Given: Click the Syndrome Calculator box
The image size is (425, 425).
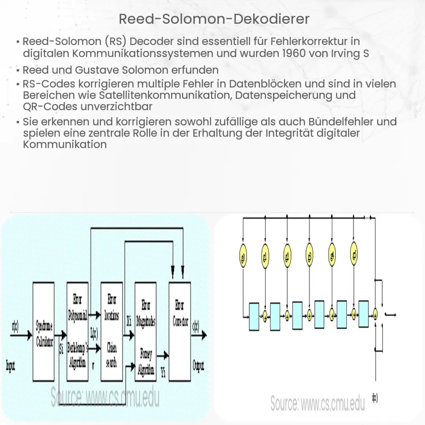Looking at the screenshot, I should point(43,331).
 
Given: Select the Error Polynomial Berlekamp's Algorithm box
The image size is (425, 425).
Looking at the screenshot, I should point(77,331).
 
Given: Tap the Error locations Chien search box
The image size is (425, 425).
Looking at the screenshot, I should point(111,331).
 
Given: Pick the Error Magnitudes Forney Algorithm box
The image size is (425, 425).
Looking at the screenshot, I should point(145,331).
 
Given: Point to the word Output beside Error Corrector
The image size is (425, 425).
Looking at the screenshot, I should point(198,365).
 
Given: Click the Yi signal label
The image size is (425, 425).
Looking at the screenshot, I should point(163,373).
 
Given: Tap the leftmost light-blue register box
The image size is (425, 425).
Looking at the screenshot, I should point(254,315).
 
